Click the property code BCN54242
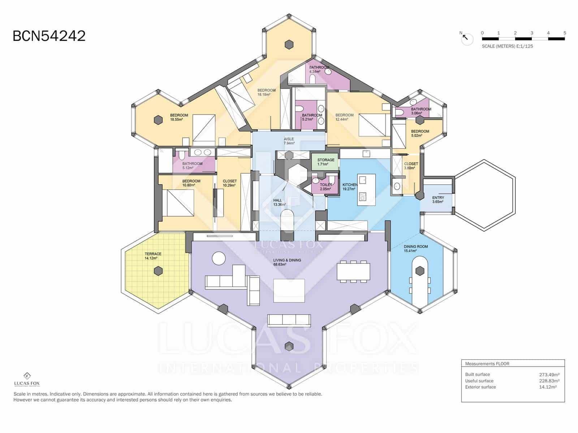[x=49, y=36]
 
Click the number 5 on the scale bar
[x=564, y=33]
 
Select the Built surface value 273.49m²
[x=549, y=375]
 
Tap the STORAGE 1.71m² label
[x=325, y=162]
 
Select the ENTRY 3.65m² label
[x=438, y=200]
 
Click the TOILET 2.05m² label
[x=325, y=187]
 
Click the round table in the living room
[x=219, y=258]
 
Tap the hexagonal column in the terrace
[x=158, y=271]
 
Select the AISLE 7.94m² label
[x=289, y=141]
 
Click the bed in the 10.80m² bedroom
[x=178, y=203]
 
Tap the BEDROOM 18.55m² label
[x=179, y=117]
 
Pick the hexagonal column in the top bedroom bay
[x=288, y=45]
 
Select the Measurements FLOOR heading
[x=487, y=364]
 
